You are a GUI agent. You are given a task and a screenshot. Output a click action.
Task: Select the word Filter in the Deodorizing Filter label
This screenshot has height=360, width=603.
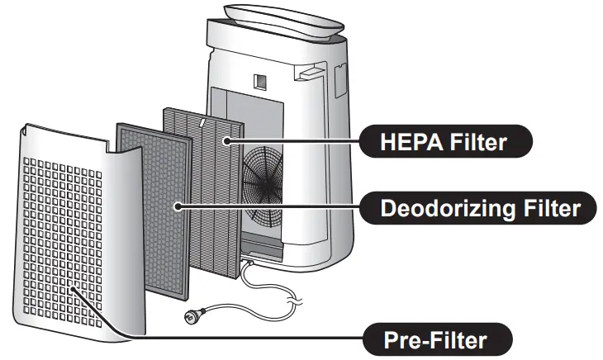(x=547, y=206)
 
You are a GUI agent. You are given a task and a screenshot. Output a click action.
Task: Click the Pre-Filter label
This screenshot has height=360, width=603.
(x=436, y=339)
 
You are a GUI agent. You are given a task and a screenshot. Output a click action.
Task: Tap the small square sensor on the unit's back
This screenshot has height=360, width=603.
(x=259, y=82)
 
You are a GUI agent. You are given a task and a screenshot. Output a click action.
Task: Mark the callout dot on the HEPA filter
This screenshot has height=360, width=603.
(x=227, y=141)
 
